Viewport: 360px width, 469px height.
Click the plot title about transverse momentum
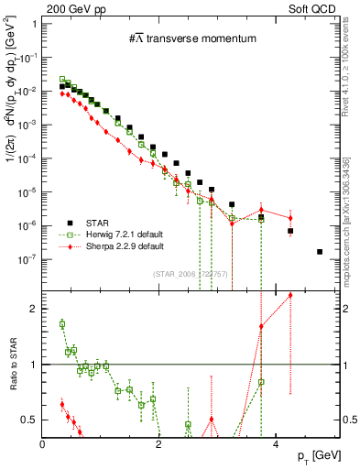[x=192, y=38]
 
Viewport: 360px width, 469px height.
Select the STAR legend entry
[x=99, y=222]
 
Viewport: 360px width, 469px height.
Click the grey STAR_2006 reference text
[x=191, y=274]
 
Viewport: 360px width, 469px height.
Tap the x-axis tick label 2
[x=159, y=445]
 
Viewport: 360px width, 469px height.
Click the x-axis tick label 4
[x=276, y=445]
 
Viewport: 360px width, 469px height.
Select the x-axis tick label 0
[x=43, y=445]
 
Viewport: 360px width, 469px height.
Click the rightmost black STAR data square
[x=320, y=252]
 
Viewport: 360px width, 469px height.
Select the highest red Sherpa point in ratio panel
[x=290, y=295]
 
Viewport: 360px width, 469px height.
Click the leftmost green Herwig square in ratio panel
[x=62, y=323]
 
